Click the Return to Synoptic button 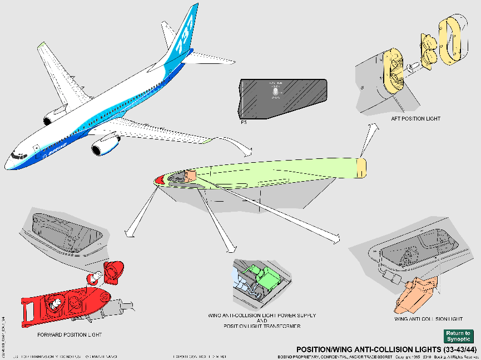pos(458,336)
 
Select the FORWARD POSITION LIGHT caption pos(70,334)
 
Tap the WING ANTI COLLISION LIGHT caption pos(428,319)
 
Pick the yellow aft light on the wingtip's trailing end pos(361,168)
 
